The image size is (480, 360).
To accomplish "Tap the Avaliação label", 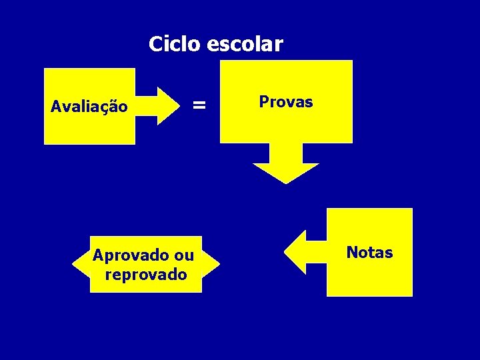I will tap(89, 106).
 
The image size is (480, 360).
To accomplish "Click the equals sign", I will tap(199, 105).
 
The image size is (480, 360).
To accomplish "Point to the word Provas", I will tap(285, 102).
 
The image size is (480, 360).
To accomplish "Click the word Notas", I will tap(369, 253).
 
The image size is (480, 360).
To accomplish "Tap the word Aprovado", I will tap(130, 255).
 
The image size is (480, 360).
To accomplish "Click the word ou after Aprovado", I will tap(184, 255).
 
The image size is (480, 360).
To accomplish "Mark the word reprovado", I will tap(146, 274).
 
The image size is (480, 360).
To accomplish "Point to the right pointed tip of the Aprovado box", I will tap(218, 265).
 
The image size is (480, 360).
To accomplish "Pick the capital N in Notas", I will tap(351, 253).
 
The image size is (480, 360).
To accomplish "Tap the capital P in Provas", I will tap(263, 102).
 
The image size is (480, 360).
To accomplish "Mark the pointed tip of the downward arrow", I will tap(286, 182).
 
